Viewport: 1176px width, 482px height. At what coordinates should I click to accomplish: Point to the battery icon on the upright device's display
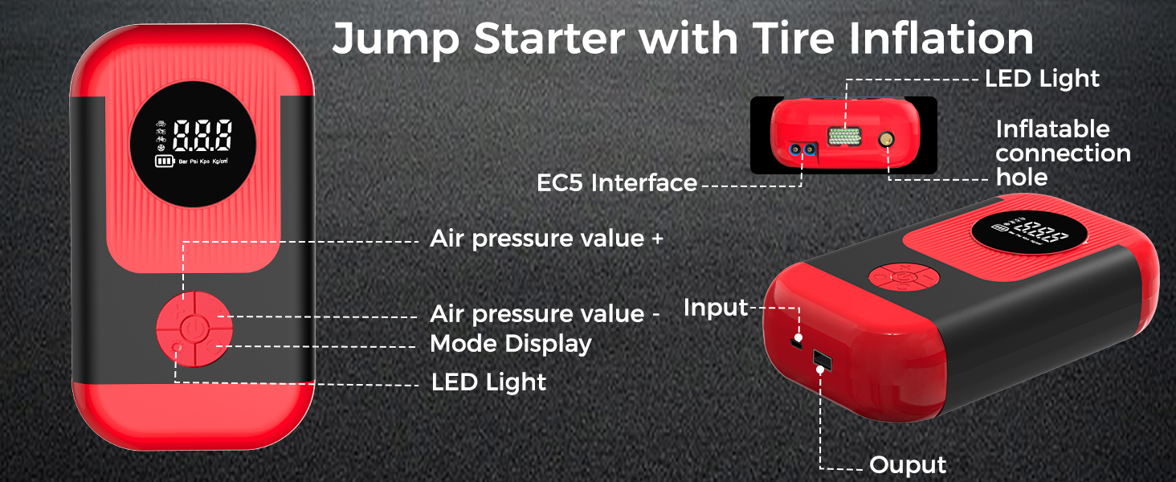tap(164, 161)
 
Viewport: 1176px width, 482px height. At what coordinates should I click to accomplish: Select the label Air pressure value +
tap(547, 239)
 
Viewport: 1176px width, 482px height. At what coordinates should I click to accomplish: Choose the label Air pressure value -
tap(545, 313)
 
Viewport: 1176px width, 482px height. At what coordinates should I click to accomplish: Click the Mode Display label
tap(511, 344)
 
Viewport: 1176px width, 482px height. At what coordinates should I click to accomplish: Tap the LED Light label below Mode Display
tap(488, 382)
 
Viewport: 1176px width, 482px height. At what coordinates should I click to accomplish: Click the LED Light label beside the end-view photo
tap(1042, 79)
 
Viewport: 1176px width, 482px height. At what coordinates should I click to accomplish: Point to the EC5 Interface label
tap(617, 183)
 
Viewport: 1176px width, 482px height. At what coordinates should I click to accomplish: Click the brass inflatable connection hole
tap(888, 141)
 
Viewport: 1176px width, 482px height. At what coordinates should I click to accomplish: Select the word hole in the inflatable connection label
tap(1022, 178)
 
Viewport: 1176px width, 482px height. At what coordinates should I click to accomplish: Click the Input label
tap(715, 308)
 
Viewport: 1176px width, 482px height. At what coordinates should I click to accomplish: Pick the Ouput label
tap(908, 465)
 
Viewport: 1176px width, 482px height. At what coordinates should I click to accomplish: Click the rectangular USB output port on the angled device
tap(822, 357)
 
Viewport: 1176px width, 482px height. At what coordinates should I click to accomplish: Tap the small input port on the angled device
tap(798, 342)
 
